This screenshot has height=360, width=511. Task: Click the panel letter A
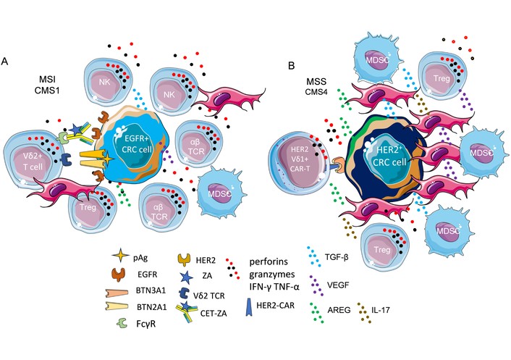(x=4, y=62)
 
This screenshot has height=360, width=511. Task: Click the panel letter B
(x=292, y=66)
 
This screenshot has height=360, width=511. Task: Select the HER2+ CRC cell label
(x=391, y=156)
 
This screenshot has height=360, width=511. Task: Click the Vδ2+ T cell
(x=33, y=160)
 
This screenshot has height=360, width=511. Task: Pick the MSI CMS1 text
(x=48, y=85)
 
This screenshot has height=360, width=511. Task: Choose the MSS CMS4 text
(x=316, y=86)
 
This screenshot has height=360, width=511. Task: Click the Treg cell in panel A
(x=92, y=209)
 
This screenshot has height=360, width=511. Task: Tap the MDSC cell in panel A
(x=219, y=193)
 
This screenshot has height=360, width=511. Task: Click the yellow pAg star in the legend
(x=121, y=256)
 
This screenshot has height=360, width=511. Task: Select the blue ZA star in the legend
(x=187, y=276)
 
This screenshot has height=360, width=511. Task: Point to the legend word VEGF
(x=337, y=285)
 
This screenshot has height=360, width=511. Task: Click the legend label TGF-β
(x=337, y=257)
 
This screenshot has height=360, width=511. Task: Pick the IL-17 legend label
(x=380, y=309)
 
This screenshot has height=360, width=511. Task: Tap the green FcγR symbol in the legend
(x=122, y=323)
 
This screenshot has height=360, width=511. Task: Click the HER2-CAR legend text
(x=276, y=305)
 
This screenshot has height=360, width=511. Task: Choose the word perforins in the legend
(x=269, y=261)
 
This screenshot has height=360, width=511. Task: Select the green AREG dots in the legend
(x=317, y=312)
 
